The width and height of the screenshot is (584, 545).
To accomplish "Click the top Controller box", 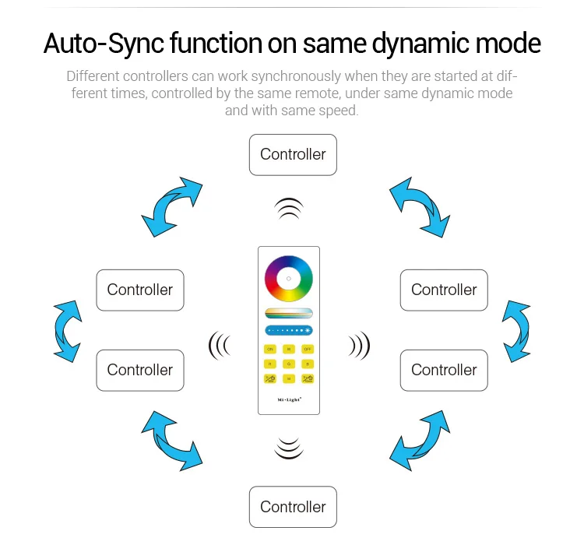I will (293, 154).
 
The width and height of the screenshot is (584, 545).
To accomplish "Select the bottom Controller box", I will (293, 507).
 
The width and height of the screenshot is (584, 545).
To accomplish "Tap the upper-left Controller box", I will (140, 290).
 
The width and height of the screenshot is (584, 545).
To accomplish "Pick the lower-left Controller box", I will (140, 370).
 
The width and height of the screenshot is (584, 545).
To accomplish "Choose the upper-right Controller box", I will (444, 290).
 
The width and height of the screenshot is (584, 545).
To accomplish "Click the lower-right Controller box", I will (444, 370).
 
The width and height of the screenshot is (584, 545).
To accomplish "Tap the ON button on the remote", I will (270, 349).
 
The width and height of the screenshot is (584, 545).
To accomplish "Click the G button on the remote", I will (289, 364).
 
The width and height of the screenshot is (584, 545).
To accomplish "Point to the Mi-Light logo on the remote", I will (289, 399).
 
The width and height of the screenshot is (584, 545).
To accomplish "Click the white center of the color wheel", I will (289, 278).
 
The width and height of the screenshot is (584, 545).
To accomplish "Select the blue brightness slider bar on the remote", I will (289, 330).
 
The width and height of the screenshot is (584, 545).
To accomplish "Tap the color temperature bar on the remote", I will (289, 313).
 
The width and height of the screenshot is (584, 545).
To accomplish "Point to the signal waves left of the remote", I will (220, 345).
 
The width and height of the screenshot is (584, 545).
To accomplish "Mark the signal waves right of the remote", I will (359, 345).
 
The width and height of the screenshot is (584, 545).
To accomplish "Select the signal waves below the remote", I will (289, 449).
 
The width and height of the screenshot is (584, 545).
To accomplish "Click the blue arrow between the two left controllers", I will (66, 330).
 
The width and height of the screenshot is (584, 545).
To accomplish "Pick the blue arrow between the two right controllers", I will (516, 330).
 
